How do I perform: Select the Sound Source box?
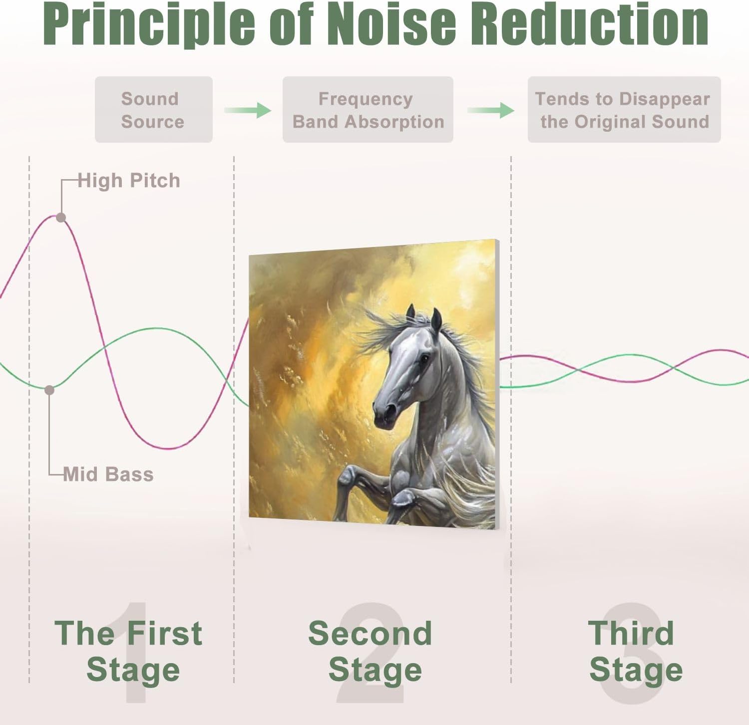click(x=153, y=110)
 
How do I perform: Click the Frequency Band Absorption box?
click(x=368, y=110)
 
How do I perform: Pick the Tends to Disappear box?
click(x=624, y=110)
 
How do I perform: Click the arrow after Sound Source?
click(x=248, y=110)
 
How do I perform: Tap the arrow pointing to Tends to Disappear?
click(x=491, y=110)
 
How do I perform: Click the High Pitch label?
click(x=129, y=181)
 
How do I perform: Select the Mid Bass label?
click(x=108, y=474)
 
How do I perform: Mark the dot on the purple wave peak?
click(x=61, y=218)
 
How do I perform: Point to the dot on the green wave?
click(x=49, y=390)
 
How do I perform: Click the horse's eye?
click(x=424, y=358)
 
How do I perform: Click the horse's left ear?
click(x=410, y=313)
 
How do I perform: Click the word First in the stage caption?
click(x=165, y=633)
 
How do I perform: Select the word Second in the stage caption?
click(x=370, y=633)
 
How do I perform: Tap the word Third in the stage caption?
click(x=631, y=633)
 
